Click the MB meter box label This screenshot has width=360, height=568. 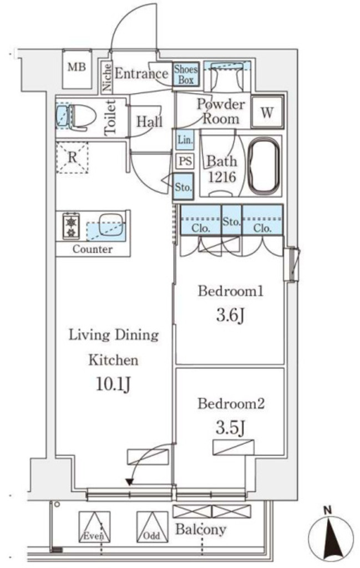click(x=77, y=67)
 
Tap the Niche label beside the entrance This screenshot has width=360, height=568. click(x=107, y=77)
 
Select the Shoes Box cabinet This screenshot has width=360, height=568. click(x=186, y=74)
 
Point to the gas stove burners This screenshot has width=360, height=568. click(x=72, y=226)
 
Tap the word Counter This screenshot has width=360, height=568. click(x=93, y=249)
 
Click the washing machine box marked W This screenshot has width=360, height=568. click(x=267, y=112)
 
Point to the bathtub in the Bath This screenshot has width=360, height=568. click(x=265, y=166)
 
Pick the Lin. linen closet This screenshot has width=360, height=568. click(x=185, y=140)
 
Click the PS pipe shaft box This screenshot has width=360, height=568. click(x=185, y=160)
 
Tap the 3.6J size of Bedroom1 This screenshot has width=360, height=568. click(x=230, y=316)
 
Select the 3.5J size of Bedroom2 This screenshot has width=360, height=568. click(x=230, y=428)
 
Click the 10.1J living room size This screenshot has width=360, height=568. click(x=113, y=384)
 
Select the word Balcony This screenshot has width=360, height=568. click(x=201, y=529)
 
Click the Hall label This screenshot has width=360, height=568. click(x=149, y=121)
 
